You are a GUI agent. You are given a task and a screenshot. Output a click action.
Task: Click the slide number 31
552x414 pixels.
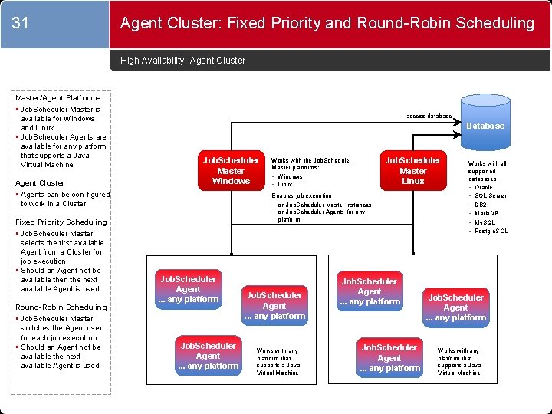coord(21,24)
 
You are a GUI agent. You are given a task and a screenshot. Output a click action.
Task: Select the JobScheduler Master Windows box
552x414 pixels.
coord(231,170)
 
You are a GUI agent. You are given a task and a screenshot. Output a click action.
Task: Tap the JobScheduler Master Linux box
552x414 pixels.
coord(412,170)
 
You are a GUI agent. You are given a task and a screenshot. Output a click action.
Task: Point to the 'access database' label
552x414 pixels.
coord(429,117)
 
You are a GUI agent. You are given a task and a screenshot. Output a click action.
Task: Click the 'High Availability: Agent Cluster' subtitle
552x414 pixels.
coord(183,61)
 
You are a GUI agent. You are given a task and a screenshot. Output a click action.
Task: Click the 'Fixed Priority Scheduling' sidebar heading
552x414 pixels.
coord(61,222)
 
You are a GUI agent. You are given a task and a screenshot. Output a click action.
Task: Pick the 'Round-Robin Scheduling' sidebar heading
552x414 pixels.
coord(61,307)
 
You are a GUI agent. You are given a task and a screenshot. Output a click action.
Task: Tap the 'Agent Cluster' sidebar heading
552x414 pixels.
coord(41,183)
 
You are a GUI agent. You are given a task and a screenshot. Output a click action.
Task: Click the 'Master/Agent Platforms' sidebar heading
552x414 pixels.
coord(58,98)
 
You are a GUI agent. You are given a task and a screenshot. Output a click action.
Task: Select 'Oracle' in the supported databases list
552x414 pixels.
coord(484,187)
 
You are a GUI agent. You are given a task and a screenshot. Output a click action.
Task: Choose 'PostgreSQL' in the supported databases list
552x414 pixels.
coord(491,232)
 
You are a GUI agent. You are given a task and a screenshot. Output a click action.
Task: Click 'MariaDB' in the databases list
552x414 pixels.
coord(487,214)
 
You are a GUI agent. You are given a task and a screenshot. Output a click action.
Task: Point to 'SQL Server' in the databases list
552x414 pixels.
coord(491,196)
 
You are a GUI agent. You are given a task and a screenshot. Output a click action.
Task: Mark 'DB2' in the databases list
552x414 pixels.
coord(481,205)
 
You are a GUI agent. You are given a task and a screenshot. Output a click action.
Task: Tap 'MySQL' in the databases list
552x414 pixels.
coord(485,222)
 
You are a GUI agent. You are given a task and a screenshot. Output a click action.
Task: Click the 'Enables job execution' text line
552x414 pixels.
coord(302,196)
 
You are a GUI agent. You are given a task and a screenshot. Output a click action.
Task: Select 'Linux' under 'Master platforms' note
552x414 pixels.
coord(284,185)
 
